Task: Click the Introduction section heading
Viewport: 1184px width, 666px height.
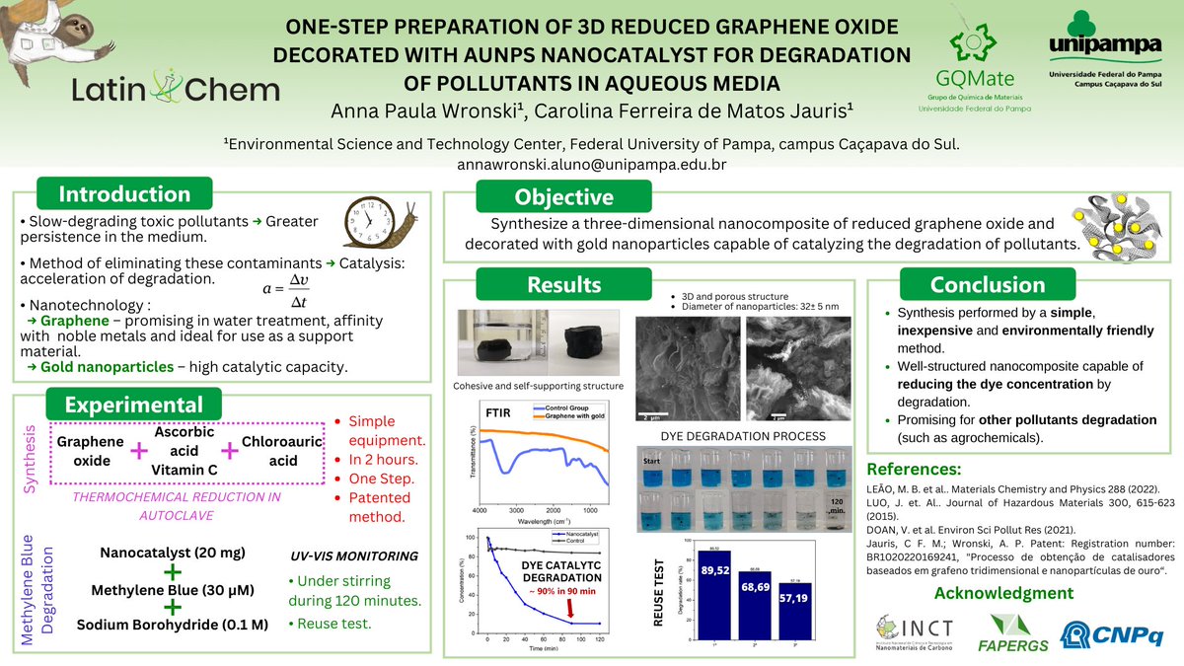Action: pyautogui.click(x=123, y=194)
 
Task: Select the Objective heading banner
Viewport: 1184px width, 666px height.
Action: pyautogui.click(x=564, y=197)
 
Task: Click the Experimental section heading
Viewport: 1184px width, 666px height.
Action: pyautogui.click(x=133, y=406)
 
